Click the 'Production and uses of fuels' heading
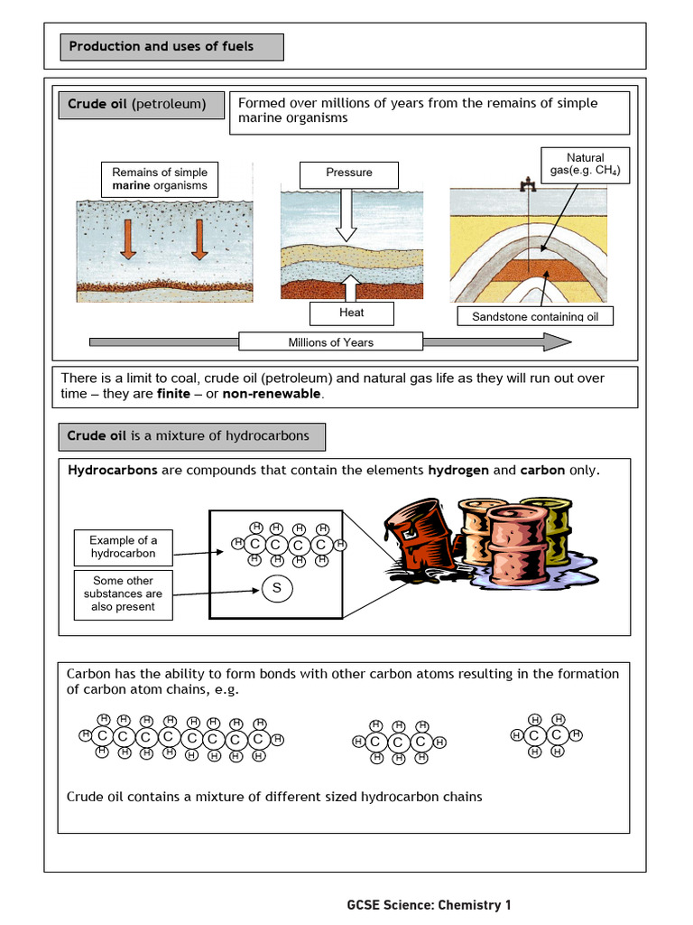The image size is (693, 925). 171,47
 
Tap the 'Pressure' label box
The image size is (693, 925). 349,173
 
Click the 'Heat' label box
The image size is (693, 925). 351,313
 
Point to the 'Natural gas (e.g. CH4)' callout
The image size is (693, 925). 585,164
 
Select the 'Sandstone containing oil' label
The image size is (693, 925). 535,316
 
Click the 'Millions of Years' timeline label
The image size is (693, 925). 330,341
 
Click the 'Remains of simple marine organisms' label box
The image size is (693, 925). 160,179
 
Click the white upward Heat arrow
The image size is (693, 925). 350,287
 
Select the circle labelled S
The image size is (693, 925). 277,589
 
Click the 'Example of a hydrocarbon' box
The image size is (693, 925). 123,547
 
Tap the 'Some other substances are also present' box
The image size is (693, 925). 123,593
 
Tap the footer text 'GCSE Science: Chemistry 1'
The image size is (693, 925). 429,904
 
